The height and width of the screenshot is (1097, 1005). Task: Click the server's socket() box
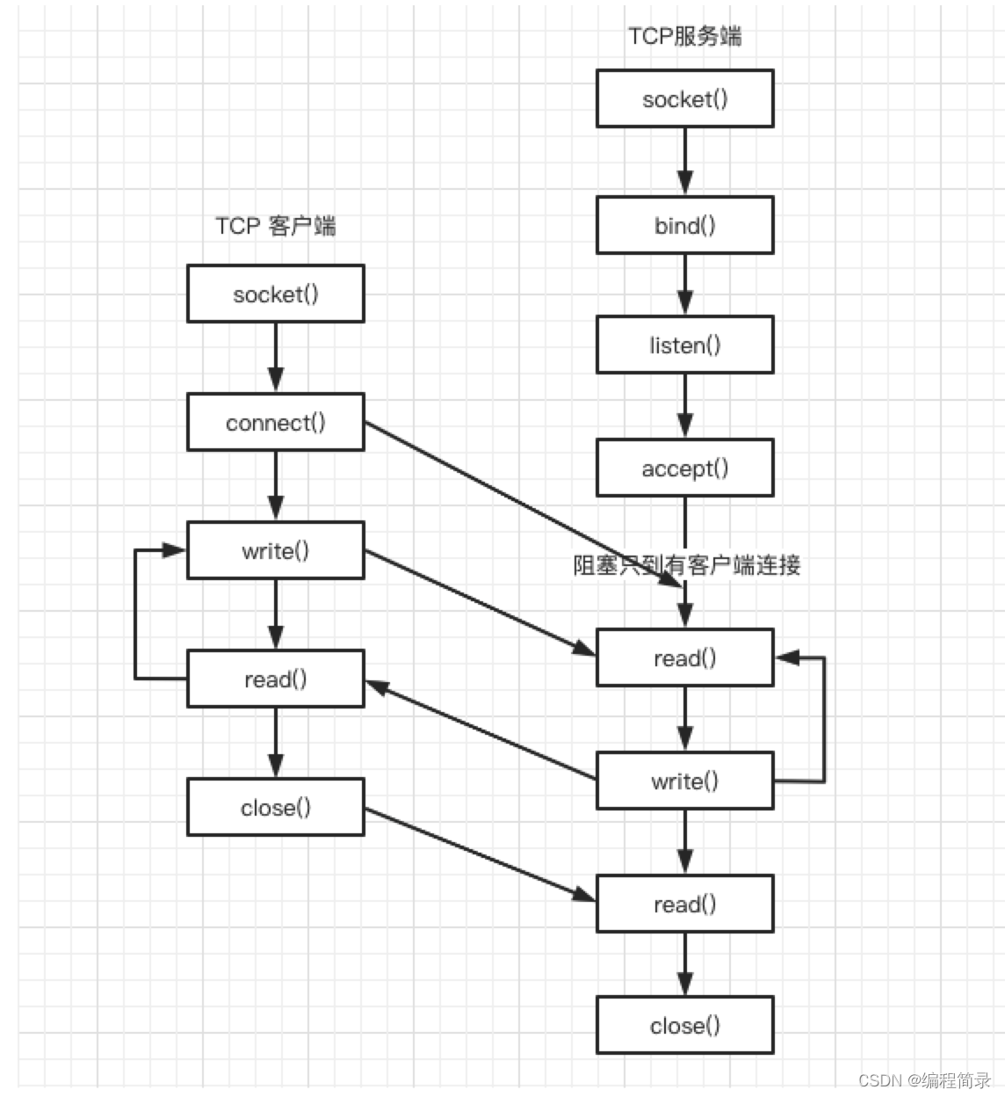click(x=684, y=99)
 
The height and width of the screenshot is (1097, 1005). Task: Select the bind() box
click(x=684, y=226)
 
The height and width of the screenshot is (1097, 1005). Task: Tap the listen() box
click(x=684, y=345)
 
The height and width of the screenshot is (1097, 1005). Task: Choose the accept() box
click(x=684, y=469)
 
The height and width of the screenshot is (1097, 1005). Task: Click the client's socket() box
click(x=275, y=294)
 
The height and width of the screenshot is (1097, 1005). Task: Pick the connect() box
click(x=275, y=423)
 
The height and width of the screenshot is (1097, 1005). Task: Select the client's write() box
click(x=275, y=551)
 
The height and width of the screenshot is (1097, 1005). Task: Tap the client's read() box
click(x=275, y=679)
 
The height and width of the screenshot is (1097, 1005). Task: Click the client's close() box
click(x=275, y=808)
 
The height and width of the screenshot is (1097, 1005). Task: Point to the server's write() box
click(x=684, y=781)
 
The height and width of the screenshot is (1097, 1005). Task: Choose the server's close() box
click(x=684, y=1026)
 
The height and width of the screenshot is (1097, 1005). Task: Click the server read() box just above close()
click(x=684, y=904)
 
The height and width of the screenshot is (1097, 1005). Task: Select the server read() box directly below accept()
click(x=684, y=658)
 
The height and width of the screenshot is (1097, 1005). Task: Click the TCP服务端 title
click(x=684, y=36)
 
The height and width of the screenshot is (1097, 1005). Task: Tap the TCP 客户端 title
click(x=275, y=226)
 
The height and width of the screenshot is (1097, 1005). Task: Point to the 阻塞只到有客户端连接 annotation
click(x=686, y=565)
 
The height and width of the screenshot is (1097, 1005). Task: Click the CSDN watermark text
click(x=924, y=1080)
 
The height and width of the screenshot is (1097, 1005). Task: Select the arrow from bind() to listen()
click(x=685, y=285)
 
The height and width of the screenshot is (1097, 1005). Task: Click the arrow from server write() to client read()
click(x=480, y=730)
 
